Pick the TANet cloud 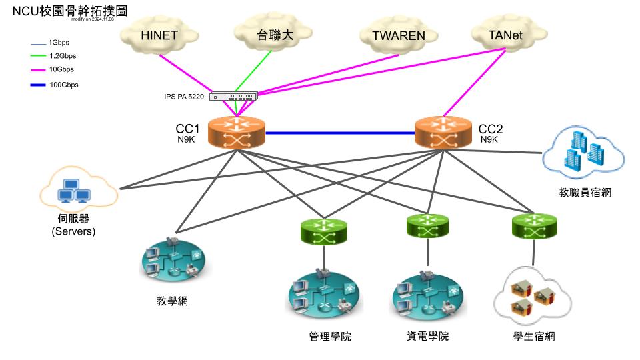click(x=505, y=35)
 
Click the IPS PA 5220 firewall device click(x=233, y=97)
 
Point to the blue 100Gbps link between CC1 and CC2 click(x=339, y=133)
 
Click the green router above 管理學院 click(x=324, y=231)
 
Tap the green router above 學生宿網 click(x=533, y=227)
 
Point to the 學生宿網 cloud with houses click(x=533, y=295)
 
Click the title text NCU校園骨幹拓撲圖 click(x=66, y=11)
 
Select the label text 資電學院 click(x=427, y=336)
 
